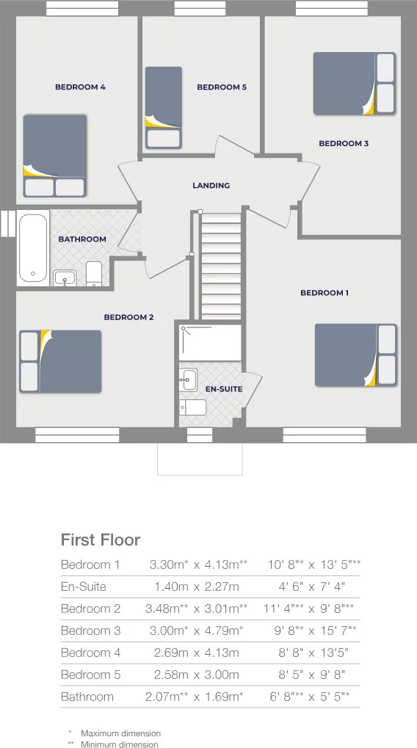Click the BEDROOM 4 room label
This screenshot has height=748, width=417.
point(80,87)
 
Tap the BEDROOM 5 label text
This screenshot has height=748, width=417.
point(222,87)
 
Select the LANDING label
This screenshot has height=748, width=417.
point(211,186)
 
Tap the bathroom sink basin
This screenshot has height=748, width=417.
point(65,277)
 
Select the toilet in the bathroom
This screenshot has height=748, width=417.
point(94,274)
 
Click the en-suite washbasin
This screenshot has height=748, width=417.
point(189,380)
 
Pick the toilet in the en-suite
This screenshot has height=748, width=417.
point(195,407)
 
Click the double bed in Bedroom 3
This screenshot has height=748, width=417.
point(354,83)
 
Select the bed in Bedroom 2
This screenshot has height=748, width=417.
point(60,361)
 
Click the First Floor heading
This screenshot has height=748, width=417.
point(100,540)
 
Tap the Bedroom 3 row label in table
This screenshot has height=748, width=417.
point(90,631)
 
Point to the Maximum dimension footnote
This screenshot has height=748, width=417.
point(120,733)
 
